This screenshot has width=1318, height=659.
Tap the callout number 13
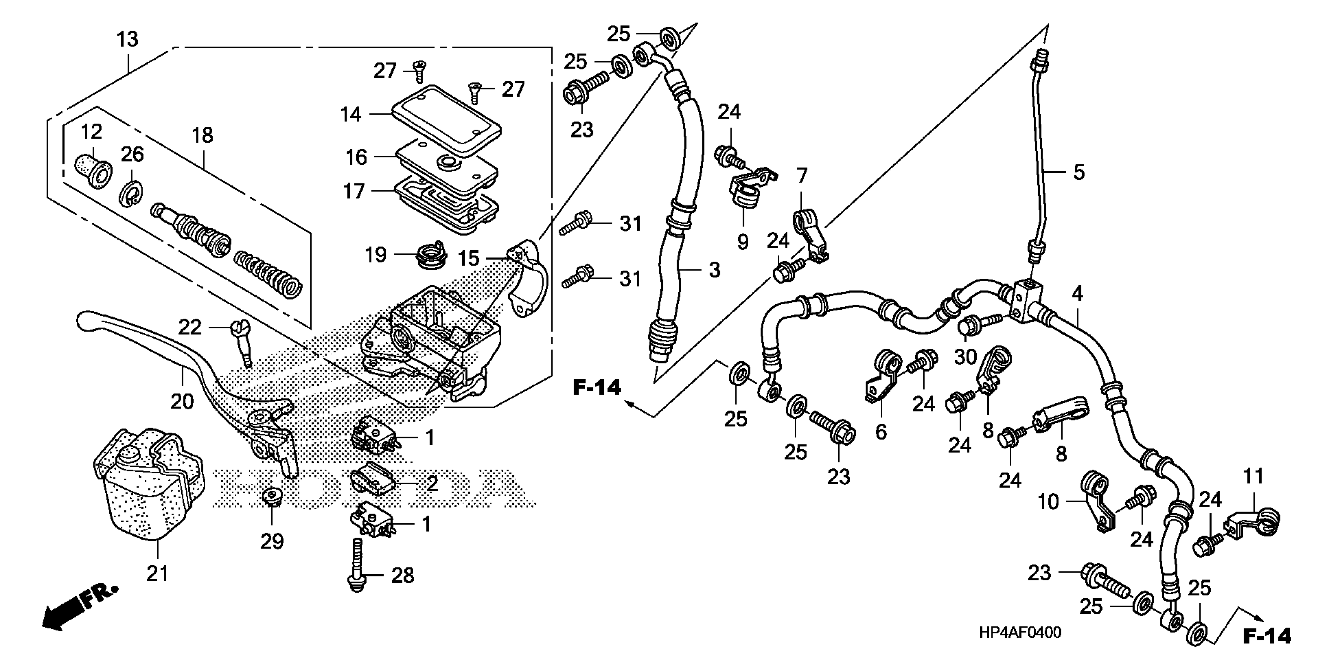pos(127,40)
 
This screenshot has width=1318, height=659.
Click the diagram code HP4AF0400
pos(1020,632)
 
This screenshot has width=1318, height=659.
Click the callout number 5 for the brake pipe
pos(1079,173)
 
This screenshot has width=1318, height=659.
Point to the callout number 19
pos(376,254)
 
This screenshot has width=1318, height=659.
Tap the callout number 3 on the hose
pos(714,270)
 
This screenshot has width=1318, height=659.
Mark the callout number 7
pos(801,176)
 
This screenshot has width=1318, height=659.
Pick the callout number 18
pos(203,136)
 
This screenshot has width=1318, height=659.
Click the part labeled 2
pos(372,480)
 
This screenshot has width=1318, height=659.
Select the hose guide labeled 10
pos(1095,504)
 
